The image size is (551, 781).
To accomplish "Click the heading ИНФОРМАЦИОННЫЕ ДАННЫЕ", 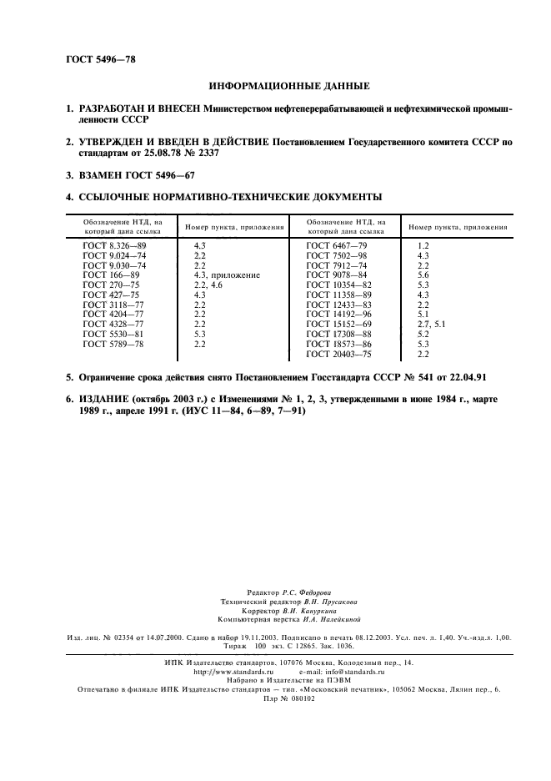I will [288, 85].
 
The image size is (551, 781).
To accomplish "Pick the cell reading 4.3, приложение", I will [227, 275].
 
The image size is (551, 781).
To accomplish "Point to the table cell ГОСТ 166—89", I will [111, 275].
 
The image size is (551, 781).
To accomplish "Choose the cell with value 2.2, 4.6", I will [208, 285].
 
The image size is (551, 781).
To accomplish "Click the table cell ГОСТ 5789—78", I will [113, 343].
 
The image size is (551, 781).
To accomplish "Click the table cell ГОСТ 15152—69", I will [339, 323].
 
